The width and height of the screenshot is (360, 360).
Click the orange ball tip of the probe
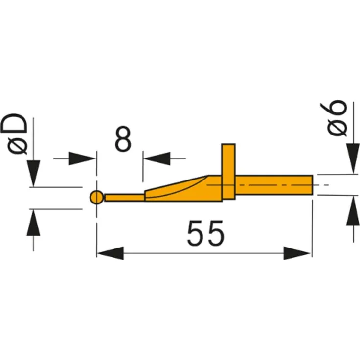point(96,198)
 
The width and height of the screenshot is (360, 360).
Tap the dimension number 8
point(123,139)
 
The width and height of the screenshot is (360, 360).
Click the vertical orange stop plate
point(228,171)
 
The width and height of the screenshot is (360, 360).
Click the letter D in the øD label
point(19,125)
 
